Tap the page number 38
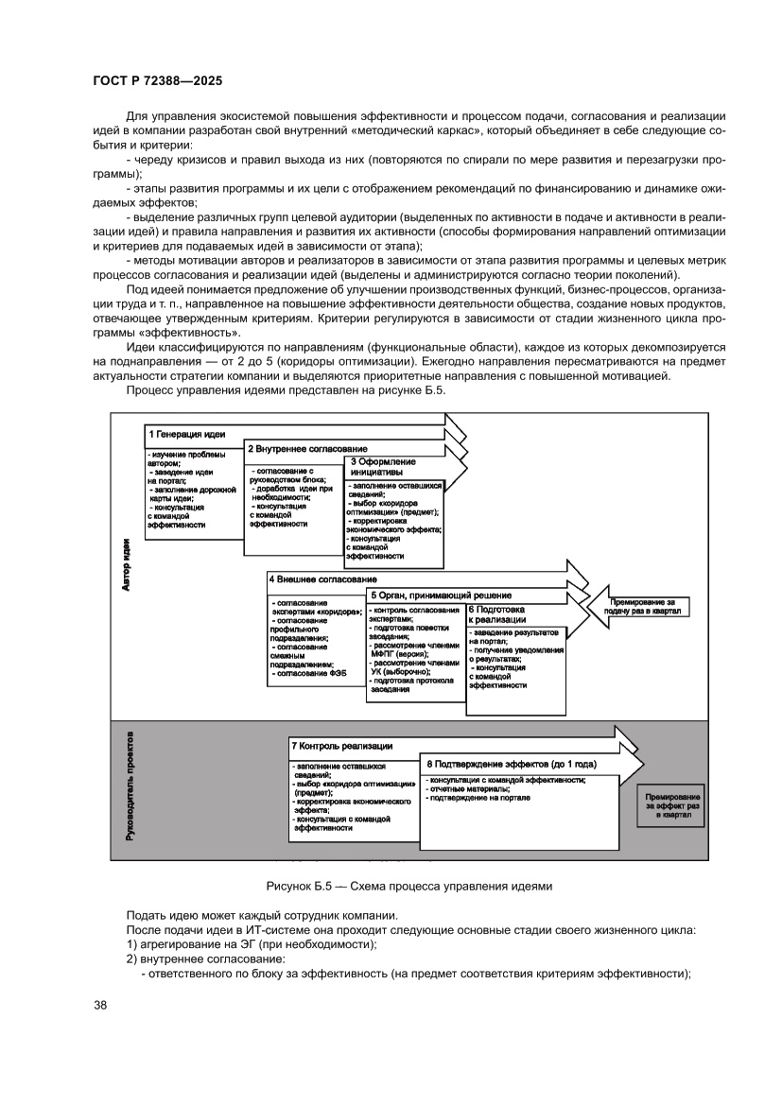coord(100,1005)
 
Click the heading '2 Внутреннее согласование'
coord(306,448)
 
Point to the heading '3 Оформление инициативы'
coord(377,466)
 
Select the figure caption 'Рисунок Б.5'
coord(408,886)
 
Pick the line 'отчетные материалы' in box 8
coord(470,788)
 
